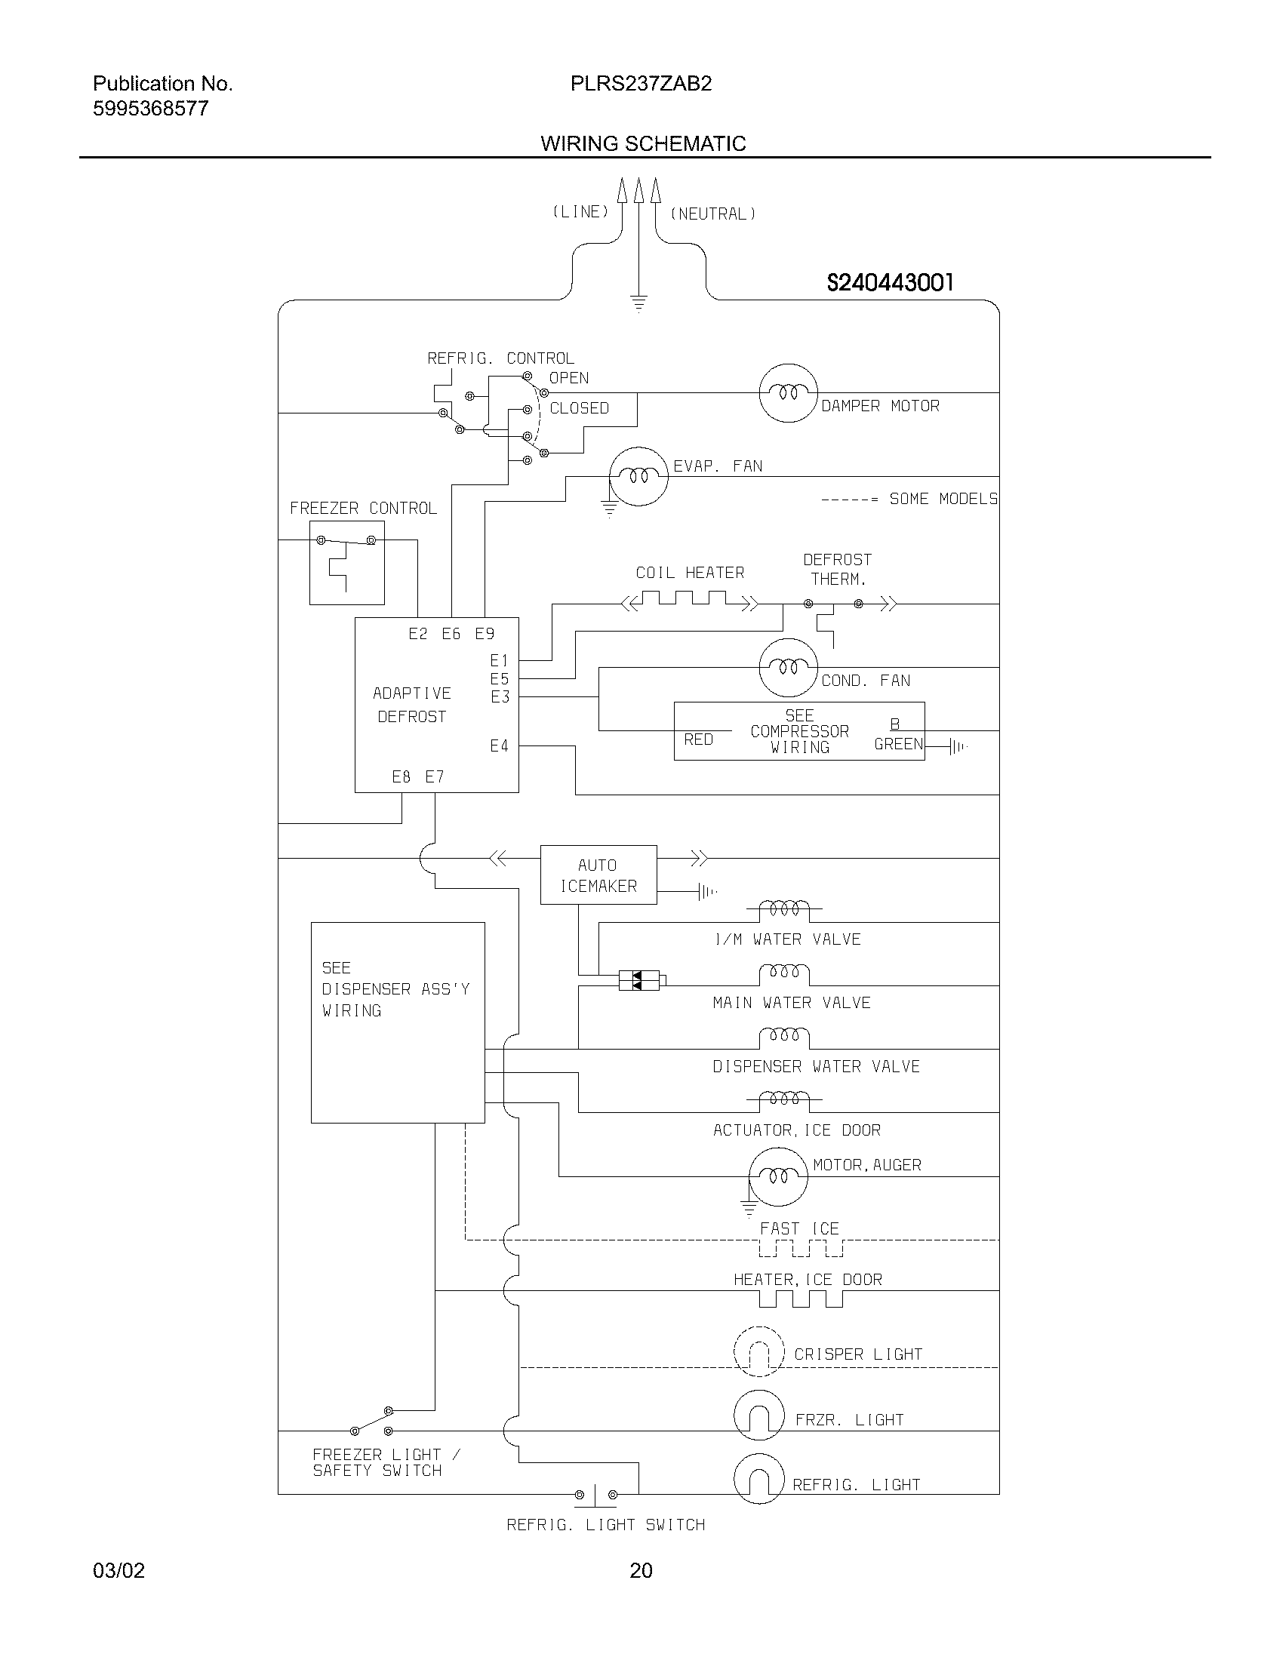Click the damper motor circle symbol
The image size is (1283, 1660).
pyautogui.click(x=788, y=393)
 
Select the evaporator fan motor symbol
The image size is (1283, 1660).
pyautogui.click(x=638, y=477)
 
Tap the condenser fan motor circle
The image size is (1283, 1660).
pyautogui.click(x=788, y=667)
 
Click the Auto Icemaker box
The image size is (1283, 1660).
pyautogui.click(x=598, y=875)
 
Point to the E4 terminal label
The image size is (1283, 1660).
pyautogui.click(x=499, y=746)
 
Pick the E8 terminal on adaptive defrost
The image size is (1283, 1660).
pyautogui.click(x=401, y=776)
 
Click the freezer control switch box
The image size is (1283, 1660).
pyautogui.click(x=346, y=562)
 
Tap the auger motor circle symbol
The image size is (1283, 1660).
pyautogui.click(x=777, y=1176)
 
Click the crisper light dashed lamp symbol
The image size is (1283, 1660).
pyautogui.click(x=758, y=1352)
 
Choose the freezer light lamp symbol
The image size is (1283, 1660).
pyautogui.click(x=758, y=1416)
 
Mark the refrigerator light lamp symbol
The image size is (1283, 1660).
pyautogui.click(x=758, y=1479)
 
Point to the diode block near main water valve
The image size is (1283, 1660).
pyautogui.click(x=638, y=979)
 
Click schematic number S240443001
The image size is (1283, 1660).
pyautogui.click(x=889, y=283)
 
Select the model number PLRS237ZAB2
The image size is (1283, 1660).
pyautogui.click(x=641, y=84)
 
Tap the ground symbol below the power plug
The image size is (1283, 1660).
pyautogui.click(x=638, y=303)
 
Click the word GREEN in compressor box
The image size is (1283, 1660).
pyautogui.click(x=897, y=744)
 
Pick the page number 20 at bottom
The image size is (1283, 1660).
pyautogui.click(x=641, y=1570)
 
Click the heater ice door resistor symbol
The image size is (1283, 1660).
pyautogui.click(x=800, y=1299)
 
